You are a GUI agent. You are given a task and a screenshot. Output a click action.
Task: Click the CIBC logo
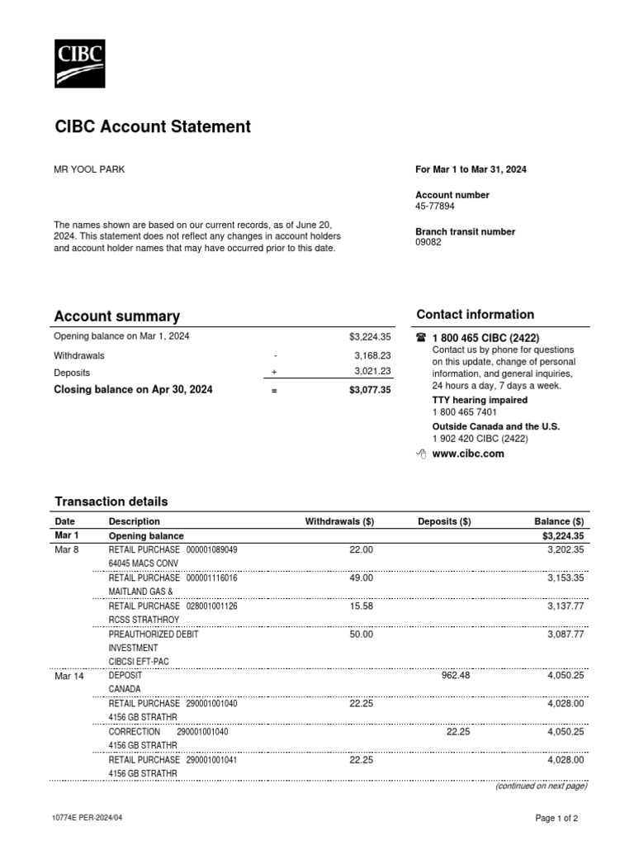[x=79, y=64]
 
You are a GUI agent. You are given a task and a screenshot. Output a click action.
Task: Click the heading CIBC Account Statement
[x=152, y=126]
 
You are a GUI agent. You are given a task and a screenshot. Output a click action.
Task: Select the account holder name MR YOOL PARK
[x=89, y=169]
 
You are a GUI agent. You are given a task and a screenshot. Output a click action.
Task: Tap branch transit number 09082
[x=428, y=243]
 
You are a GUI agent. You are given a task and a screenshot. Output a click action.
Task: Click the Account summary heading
[x=116, y=316]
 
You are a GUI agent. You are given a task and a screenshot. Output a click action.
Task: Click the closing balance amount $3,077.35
[x=369, y=390]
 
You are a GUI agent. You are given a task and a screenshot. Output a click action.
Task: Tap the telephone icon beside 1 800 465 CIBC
[x=421, y=338]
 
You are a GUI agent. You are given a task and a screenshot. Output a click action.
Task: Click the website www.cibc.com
[x=467, y=454]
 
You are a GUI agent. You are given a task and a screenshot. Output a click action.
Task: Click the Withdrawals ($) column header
[x=339, y=521]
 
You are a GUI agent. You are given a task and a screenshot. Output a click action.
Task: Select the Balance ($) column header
[x=559, y=521]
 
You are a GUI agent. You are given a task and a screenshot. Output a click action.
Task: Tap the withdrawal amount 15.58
[x=361, y=606]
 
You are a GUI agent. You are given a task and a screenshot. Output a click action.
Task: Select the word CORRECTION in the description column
[x=134, y=732]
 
